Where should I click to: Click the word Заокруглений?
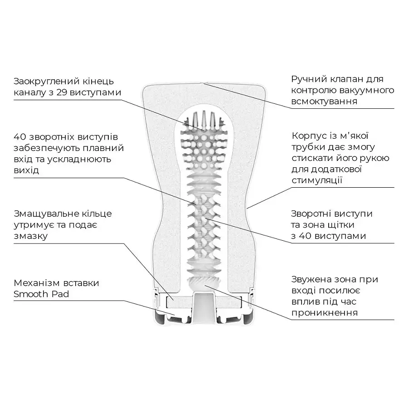(x=46, y=82)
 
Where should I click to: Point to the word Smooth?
(x=31, y=294)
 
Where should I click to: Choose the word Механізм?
(x=37, y=283)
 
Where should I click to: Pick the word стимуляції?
(x=317, y=180)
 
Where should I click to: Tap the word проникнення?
(x=325, y=313)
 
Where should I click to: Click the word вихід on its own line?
(x=26, y=170)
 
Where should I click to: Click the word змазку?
(x=31, y=236)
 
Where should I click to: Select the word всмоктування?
(x=324, y=102)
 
